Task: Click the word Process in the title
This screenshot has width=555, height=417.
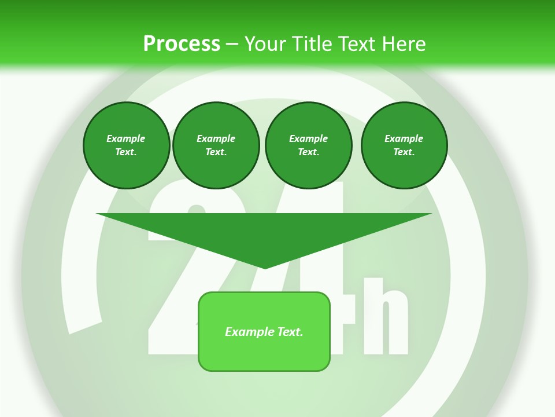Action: click(x=182, y=44)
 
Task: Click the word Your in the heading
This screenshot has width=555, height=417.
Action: click(x=267, y=44)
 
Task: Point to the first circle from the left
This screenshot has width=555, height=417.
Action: click(x=127, y=145)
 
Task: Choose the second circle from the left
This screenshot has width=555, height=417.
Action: click(x=216, y=145)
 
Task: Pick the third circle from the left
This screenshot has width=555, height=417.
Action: click(x=308, y=145)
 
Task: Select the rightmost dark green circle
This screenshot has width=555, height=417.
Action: click(x=404, y=145)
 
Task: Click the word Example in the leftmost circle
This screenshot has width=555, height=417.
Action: click(x=125, y=138)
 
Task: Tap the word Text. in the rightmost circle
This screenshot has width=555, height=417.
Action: click(x=404, y=152)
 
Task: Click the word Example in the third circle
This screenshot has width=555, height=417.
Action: click(x=308, y=138)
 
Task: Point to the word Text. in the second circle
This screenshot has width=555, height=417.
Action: click(x=216, y=152)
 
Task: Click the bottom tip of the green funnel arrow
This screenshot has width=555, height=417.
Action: click(x=265, y=267)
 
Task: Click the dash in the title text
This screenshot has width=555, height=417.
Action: click(x=232, y=44)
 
